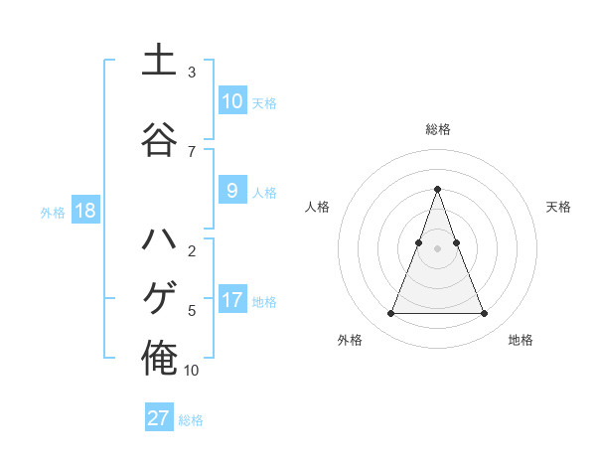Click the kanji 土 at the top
pyautogui.click(x=159, y=61)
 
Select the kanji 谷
pyautogui.click(x=159, y=140)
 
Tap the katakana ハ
pyautogui.click(x=159, y=241)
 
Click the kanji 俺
pyautogui.click(x=159, y=358)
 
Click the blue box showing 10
pyautogui.click(x=231, y=101)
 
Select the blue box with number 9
pyautogui.click(x=231, y=191)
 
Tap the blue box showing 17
pyautogui.click(x=231, y=300)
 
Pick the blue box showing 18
pyautogui.click(x=84, y=211)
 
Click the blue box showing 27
pyautogui.click(x=159, y=418)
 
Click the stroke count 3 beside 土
pyautogui.click(x=192, y=73)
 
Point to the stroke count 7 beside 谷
pyautogui.click(x=192, y=151)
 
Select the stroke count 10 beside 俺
pyautogui.click(x=192, y=371)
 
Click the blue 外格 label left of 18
pyautogui.click(x=53, y=212)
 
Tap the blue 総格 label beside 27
pyautogui.click(x=191, y=420)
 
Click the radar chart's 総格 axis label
pyautogui.click(x=438, y=129)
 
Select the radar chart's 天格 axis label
pyautogui.click(x=559, y=207)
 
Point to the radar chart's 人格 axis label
pyautogui.click(x=317, y=207)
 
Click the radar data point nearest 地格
pyautogui.click(x=485, y=314)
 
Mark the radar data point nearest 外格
pyautogui.click(x=390, y=314)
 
